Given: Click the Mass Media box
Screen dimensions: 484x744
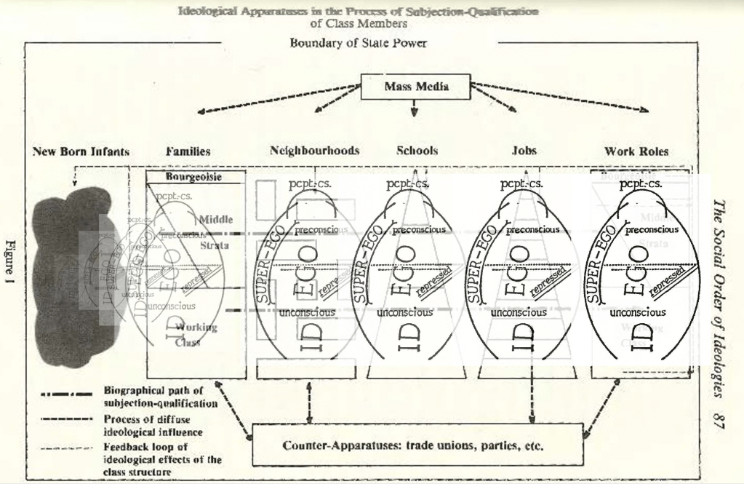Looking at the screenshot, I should (417, 87).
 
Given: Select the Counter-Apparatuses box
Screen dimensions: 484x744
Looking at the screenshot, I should (417, 445).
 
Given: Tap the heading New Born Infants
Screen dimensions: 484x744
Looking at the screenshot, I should (81, 151).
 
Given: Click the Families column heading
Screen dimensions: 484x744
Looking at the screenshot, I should (188, 151).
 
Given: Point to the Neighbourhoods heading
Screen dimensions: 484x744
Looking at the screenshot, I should (314, 151).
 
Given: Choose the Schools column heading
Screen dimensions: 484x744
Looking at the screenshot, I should (417, 151).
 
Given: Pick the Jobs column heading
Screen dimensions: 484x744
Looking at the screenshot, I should (524, 151).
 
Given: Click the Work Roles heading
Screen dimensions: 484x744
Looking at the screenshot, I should (636, 151).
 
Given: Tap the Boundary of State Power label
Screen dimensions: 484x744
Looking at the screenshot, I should (358, 43).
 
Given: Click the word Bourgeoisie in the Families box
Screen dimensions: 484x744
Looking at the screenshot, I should (193, 177).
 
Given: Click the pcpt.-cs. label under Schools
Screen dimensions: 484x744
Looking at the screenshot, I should (407, 184).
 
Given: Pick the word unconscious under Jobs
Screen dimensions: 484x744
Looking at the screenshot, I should (519, 312).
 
